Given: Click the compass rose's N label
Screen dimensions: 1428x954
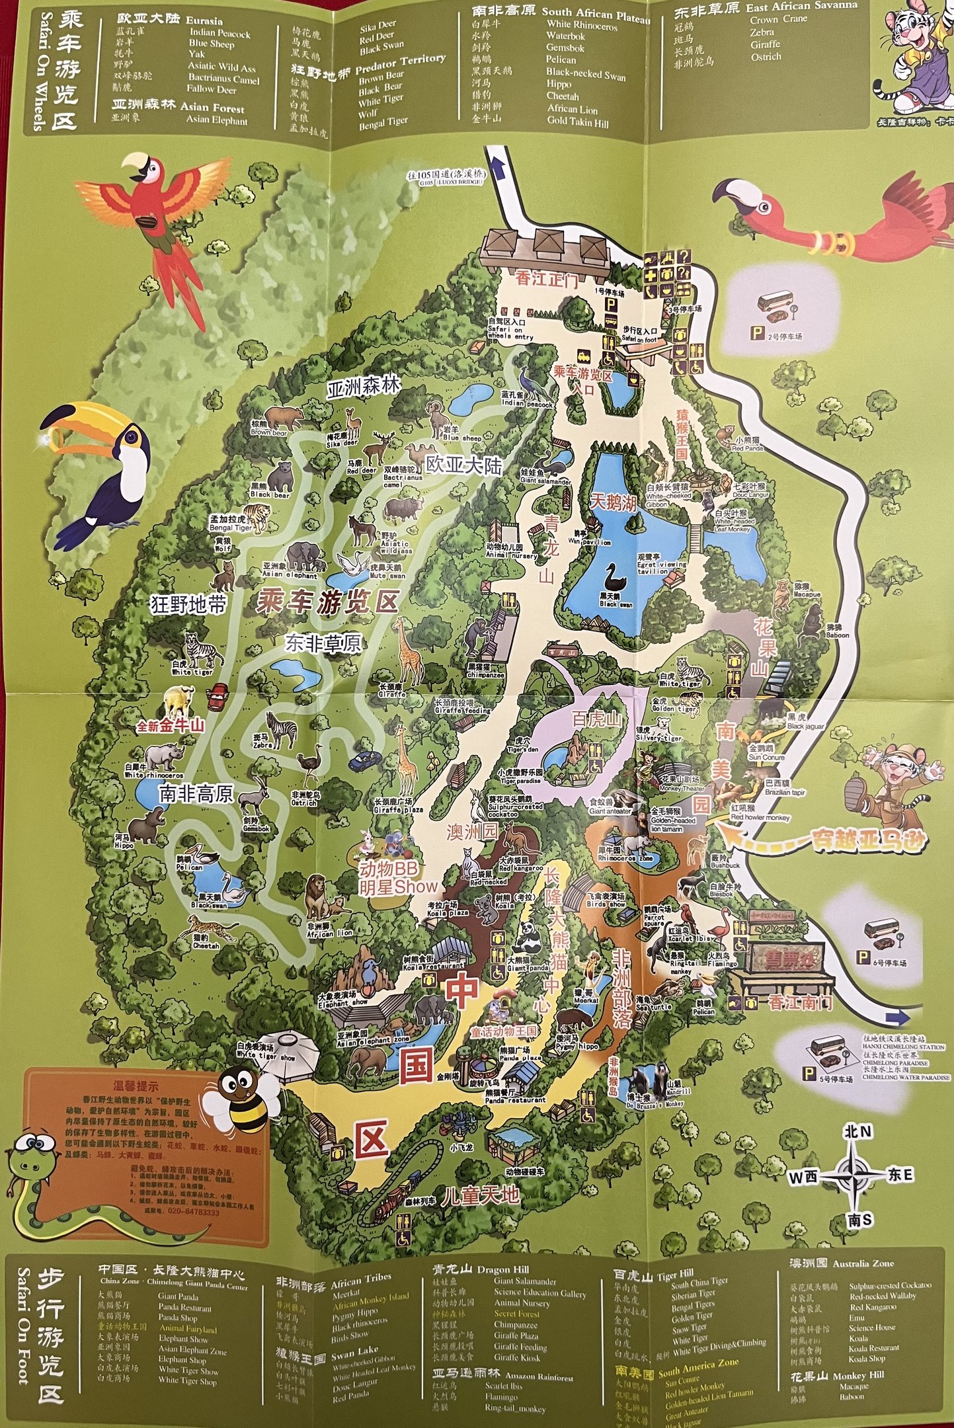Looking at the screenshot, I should point(857,1132).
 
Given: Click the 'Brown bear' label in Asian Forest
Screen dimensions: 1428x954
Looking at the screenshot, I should point(268,433).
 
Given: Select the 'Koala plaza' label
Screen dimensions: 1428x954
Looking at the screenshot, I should point(447,913).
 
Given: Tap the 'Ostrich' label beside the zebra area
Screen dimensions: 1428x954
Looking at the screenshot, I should point(305,802).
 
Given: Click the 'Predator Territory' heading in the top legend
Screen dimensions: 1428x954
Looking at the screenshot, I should point(400,64).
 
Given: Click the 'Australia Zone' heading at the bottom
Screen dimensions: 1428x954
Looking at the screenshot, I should point(863,1263).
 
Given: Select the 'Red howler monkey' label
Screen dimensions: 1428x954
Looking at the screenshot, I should point(760,818).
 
